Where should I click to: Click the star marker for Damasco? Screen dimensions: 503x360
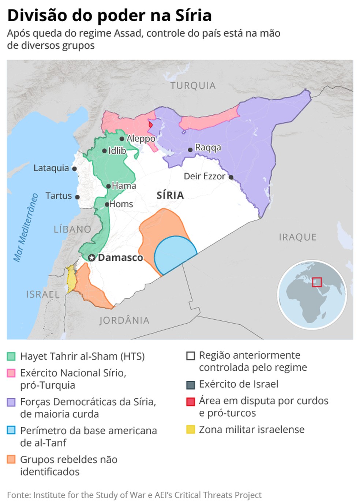(92, 258)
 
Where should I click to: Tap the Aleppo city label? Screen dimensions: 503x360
(141, 139)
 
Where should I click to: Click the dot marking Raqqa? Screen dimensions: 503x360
(190, 150)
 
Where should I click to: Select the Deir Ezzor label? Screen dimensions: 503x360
(204, 176)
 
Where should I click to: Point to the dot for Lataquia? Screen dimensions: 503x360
(74, 169)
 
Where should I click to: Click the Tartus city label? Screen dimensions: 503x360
(59, 196)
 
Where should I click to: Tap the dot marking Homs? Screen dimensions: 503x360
(107, 204)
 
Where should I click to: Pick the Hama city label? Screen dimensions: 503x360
(124, 186)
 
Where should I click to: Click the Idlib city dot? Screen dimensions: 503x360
(104, 151)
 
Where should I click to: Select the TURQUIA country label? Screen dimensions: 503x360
(193, 86)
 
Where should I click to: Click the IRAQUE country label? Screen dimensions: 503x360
(297, 237)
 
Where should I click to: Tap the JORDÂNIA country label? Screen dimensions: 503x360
(124, 320)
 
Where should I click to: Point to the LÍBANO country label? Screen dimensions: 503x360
(72, 230)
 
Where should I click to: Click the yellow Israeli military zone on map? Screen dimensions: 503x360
(71, 279)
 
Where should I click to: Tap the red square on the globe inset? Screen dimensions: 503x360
(317, 282)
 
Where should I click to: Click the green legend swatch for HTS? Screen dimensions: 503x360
(11, 356)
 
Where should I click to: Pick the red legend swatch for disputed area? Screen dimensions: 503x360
(190, 402)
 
